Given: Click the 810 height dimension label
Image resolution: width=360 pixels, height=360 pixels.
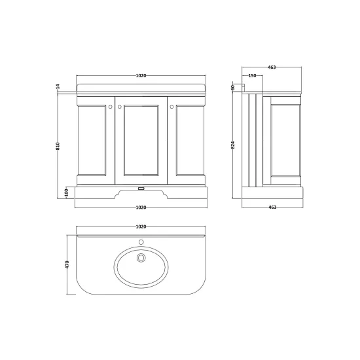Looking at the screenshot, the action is coord(58,146).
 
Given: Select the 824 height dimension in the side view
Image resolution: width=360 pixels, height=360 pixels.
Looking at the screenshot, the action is coord(233,145).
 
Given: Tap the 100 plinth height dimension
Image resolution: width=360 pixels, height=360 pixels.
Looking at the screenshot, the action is coord(67,192).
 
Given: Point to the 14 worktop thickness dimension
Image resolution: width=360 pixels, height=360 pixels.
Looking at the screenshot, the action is coord(58,86).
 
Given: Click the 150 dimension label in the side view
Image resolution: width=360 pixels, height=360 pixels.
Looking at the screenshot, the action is coord(252,75).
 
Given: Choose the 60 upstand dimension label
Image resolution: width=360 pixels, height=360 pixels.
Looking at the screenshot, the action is coord(232,87).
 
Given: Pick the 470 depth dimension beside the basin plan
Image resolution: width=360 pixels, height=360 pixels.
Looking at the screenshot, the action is coord(67,264).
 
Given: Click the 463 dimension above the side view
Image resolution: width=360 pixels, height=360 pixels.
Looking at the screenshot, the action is coord(272,67).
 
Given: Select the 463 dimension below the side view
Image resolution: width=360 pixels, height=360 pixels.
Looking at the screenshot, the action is coord(272,207).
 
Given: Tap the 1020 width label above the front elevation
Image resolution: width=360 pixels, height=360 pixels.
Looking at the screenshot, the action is coord(141,75).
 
